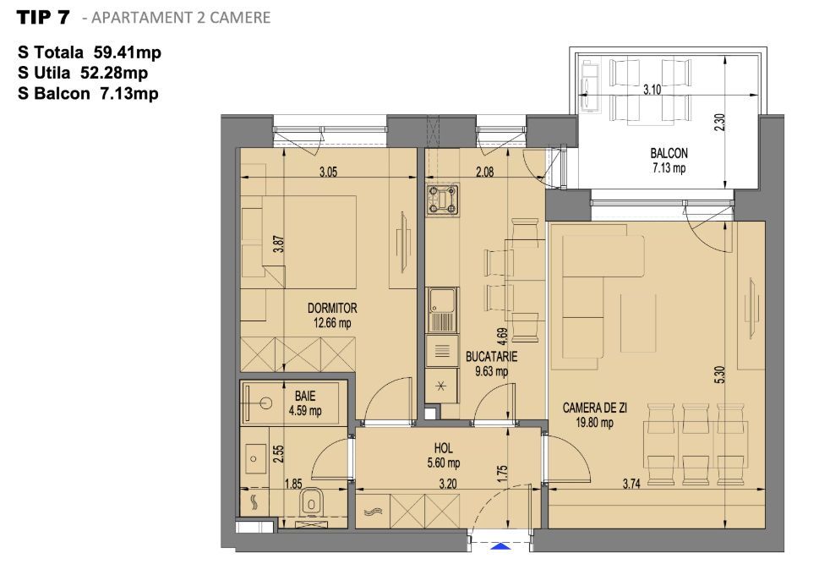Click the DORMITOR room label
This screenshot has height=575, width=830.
[x=332, y=309]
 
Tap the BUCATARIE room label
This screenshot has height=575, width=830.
[x=491, y=357]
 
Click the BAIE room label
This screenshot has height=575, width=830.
[x=304, y=396]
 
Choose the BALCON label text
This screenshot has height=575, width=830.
[x=669, y=154]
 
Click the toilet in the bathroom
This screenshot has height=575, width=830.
[x=312, y=503]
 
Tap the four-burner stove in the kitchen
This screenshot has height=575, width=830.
[x=444, y=200]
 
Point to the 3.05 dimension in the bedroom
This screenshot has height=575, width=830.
[x=329, y=172]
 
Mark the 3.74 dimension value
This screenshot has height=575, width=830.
[x=631, y=484]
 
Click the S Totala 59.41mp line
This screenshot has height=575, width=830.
[x=89, y=53]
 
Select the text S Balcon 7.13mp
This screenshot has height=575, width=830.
[x=88, y=94]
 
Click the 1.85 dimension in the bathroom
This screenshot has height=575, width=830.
[x=293, y=484]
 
